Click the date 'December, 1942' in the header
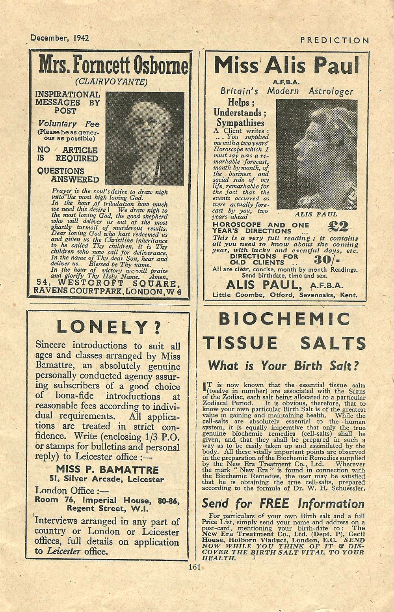pos(59,38)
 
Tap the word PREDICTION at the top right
pos(335,40)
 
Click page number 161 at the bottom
pos(195,567)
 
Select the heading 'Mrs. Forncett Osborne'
pos(113,65)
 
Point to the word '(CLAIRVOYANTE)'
pos(112,82)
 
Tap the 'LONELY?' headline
pos(108,327)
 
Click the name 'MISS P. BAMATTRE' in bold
pos(107,469)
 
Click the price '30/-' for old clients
pos(327,260)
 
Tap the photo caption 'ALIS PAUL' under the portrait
pos(316,214)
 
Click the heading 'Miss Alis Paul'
pos(286,65)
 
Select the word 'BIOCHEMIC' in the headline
pos(284,319)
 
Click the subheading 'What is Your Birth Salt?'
pos(283,366)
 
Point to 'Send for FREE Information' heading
pos(283,504)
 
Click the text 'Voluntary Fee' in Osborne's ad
pos(69,123)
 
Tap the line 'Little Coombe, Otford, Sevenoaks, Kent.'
pos(285,295)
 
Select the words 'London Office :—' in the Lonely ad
pos(65,491)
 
